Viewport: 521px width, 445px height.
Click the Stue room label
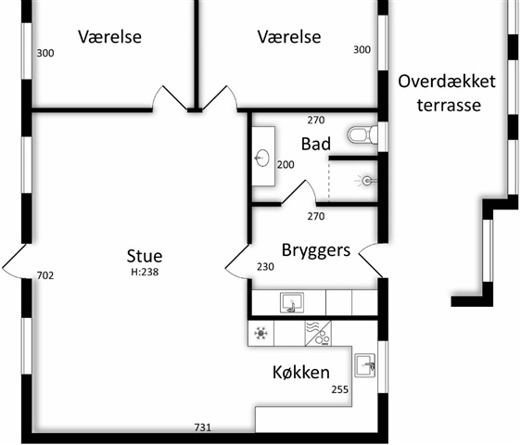(x=145, y=256)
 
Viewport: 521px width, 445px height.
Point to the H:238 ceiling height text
(x=145, y=273)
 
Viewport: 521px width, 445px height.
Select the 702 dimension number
(x=45, y=275)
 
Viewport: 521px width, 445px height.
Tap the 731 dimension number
(x=203, y=427)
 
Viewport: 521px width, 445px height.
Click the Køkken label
(x=301, y=372)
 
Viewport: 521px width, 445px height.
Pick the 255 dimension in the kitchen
(x=340, y=389)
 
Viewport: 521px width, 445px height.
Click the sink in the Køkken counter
(x=365, y=365)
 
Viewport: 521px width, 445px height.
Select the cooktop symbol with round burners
(x=318, y=334)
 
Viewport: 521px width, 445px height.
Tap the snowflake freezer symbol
(x=260, y=333)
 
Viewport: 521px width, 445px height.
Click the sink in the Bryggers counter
(x=292, y=302)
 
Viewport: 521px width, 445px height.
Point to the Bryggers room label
(x=316, y=250)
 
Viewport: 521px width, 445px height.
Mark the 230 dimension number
(x=265, y=266)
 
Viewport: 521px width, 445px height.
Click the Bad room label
(x=316, y=144)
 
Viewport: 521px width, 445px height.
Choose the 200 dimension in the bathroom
(x=286, y=164)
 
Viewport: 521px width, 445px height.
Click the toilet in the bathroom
(x=362, y=135)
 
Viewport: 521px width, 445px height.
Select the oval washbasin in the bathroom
(x=262, y=158)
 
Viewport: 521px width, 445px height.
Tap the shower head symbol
(x=367, y=181)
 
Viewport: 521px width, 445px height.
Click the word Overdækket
(x=447, y=82)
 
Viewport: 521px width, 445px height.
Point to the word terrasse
(x=450, y=105)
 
